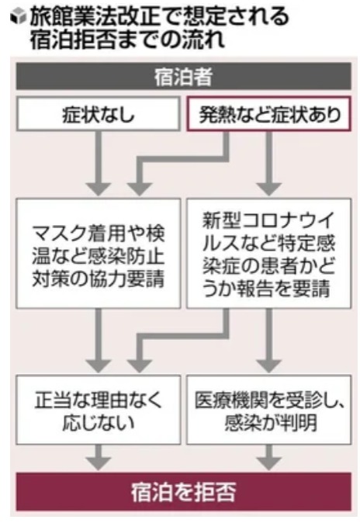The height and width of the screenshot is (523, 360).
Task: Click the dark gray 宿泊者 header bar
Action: [x=184, y=76]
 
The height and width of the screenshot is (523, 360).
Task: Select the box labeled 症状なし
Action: [x=98, y=114]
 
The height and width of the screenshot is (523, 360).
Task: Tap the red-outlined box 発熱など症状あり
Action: [x=268, y=114]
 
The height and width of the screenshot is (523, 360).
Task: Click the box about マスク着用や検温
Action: [x=98, y=254]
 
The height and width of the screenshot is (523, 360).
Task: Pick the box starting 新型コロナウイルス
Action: [x=268, y=254]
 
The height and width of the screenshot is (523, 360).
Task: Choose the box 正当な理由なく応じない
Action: [x=98, y=410]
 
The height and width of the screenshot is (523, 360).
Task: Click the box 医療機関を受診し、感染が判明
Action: [x=268, y=410]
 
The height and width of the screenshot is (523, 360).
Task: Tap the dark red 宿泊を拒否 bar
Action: [x=184, y=492]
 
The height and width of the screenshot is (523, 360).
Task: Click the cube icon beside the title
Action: [x=18, y=16]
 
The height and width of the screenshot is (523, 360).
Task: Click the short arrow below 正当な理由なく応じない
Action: [x=98, y=457]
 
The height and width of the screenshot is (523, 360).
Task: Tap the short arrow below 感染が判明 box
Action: [x=269, y=457]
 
